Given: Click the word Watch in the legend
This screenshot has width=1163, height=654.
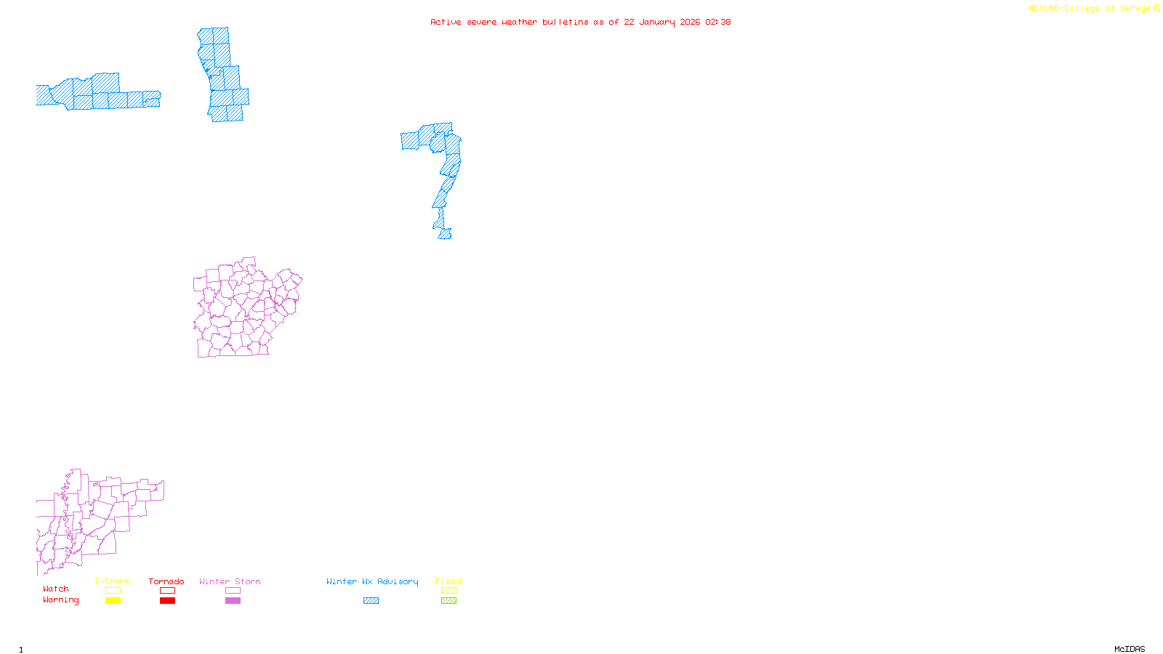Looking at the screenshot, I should pyautogui.click(x=56, y=589).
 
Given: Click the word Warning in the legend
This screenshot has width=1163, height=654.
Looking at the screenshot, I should pyautogui.click(x=61, y=600).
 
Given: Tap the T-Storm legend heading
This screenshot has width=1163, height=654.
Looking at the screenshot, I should pyautogui.click(x=112, y=581).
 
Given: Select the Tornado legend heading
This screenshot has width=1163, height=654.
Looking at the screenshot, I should pyautogui.click(x=166, y=581).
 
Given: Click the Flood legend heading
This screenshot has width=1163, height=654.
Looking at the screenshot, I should pyautogui.click(x=448, y=581).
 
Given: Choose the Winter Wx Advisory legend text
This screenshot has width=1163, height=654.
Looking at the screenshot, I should pyautogui.click(x=372, y=581).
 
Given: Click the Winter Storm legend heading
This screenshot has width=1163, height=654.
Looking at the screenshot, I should pyautogui.click(x=230, y=581).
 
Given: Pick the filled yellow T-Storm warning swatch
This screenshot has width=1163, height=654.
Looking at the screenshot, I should pyautogui.click(x=113, y=601).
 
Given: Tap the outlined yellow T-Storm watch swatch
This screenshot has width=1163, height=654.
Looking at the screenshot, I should pyautogui.click(x=113, y=591).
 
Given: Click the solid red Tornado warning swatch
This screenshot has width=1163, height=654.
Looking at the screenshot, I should pyautogui.click(x=168, y=601).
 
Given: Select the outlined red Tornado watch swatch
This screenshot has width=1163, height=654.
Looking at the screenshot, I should pyautogui.click(x=168, y=591).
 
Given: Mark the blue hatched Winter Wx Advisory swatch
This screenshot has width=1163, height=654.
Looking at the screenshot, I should pyautogui.click(x=371, y=601).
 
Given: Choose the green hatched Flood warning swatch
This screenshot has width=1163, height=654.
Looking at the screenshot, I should pyautogui.click(x=449, y=601).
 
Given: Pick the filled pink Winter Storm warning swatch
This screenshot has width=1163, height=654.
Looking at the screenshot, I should pyautogui.click(x=233, y=601).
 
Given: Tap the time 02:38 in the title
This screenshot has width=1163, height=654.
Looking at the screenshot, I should pyautogui.click(x=718, y=22).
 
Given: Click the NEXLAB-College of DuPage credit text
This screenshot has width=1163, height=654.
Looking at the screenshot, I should pyautogui.click(x=1090, y=9).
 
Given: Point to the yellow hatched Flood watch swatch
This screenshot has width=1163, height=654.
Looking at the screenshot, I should pyautogui.click(x=449, y=591).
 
